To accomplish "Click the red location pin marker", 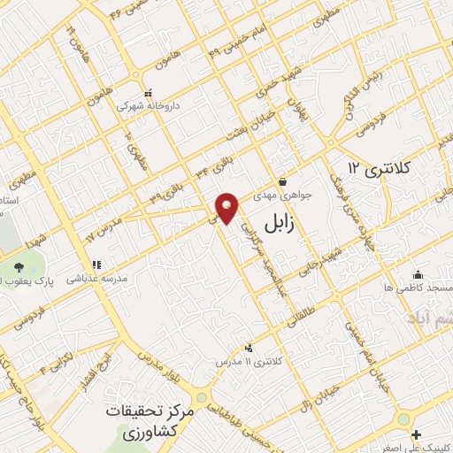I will pyautogui.click(x=227, y=208).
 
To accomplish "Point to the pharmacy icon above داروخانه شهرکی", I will pyautogui.click(x=149, y=91).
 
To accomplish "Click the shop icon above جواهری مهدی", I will pyautogui.click(x=281, y=180).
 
